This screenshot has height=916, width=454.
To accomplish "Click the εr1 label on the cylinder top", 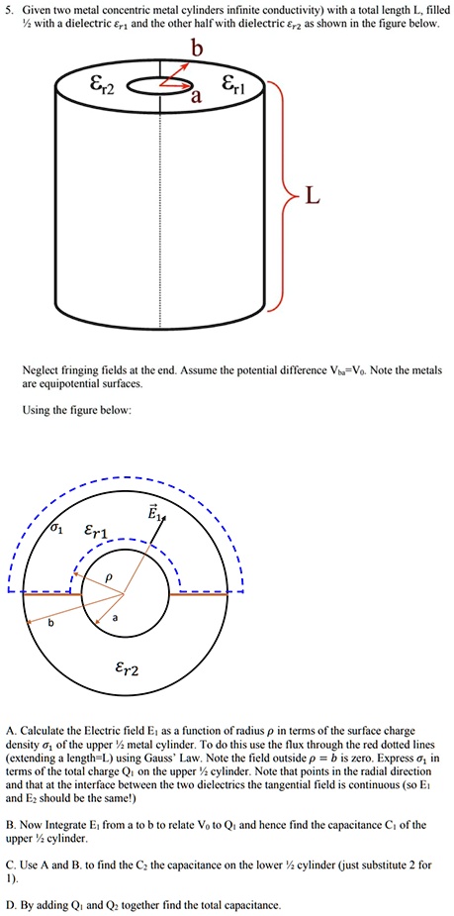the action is click(249, 85).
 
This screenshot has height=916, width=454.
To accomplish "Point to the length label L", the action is click(313, 198).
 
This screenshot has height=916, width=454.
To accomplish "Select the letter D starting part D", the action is click(10, 904).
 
